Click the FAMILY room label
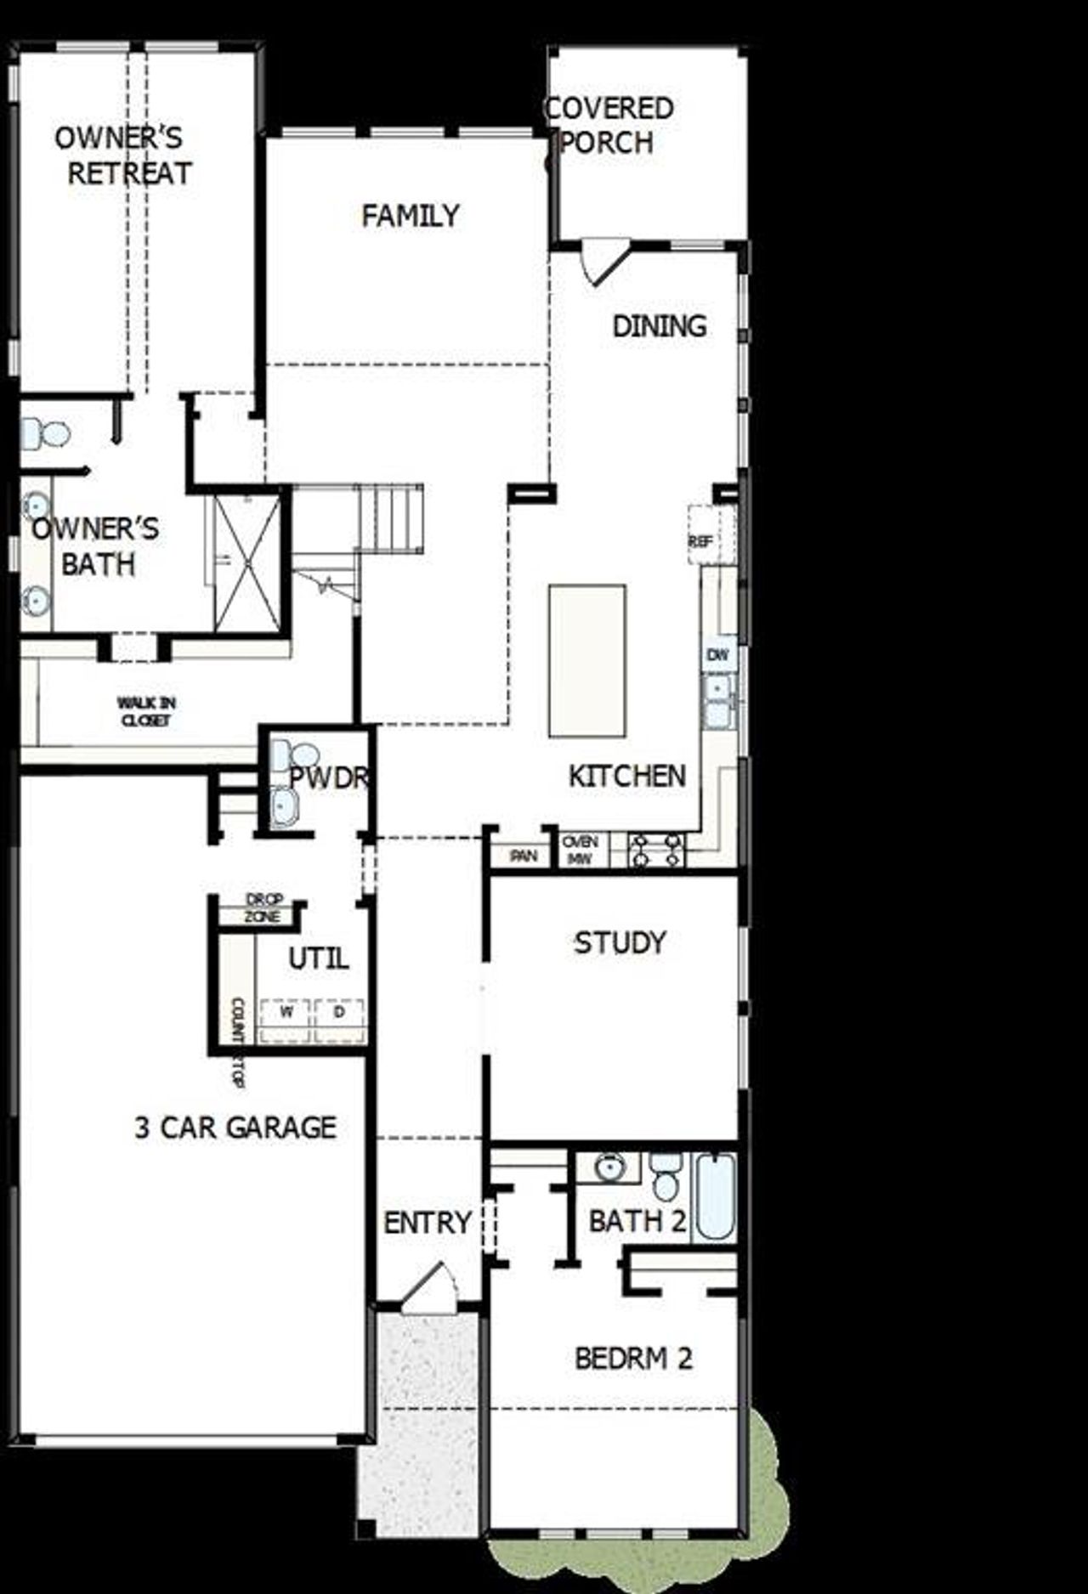[410, 216]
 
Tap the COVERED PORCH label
[609, 125]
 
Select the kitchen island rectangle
[587, 660]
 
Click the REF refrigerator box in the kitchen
[702, 539]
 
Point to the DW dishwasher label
[717, 655]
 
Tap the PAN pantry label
[523, 856]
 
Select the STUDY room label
[620, 942]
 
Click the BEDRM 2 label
[633, 1358]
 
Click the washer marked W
[286, 1012]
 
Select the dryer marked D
[339, 1012]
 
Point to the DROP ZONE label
[263, 907]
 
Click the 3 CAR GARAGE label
[235, 1128]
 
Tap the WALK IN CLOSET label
[146, 711]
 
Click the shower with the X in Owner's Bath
[246, 562]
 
